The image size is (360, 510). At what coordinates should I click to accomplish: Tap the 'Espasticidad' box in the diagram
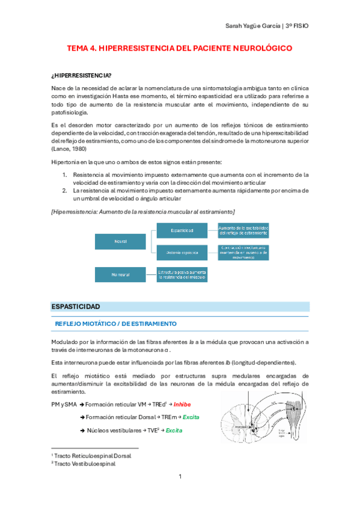182,230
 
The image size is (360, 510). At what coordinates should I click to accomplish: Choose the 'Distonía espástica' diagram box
182,251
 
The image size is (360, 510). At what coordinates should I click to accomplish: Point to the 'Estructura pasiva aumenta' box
182,274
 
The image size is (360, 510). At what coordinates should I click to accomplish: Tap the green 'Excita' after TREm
191,417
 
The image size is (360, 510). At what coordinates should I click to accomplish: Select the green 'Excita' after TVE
175,431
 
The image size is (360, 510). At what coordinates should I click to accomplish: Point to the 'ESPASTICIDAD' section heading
76,307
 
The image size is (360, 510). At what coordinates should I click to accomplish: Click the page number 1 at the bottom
180,477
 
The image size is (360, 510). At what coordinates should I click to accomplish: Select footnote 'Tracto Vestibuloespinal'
86,464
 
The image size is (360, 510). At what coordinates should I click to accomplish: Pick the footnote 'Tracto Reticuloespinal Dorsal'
93,456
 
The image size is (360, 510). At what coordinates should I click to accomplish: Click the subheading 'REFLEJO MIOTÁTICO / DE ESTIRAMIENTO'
115,324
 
